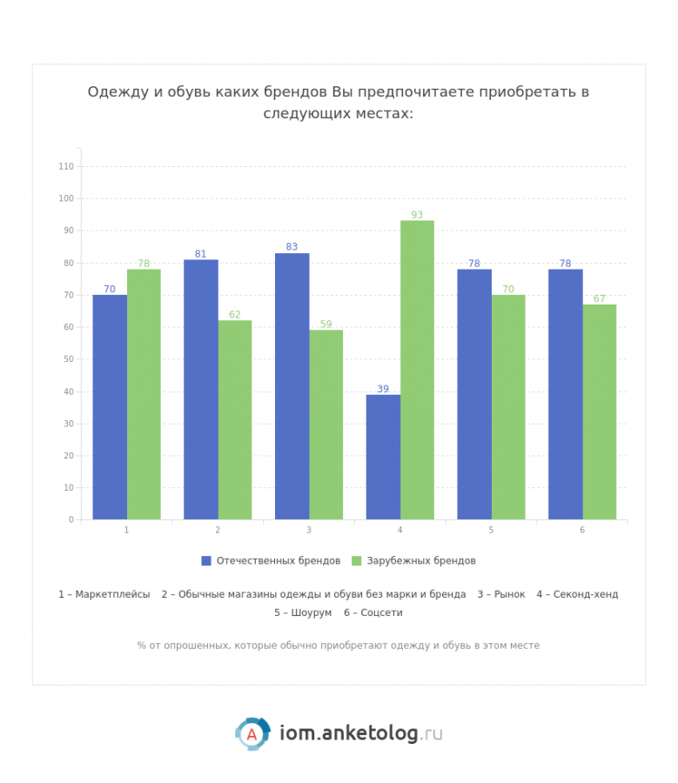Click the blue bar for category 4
[383, 457]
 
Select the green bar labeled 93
[417, 370]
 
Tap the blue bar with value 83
[292, 386]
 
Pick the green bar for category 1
[144, 394]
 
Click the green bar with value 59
[326, 425]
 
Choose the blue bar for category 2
[201, 389]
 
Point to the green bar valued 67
[599, 412]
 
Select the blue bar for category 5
[474, 394]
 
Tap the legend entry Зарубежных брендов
[420, 561]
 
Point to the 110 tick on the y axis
[66, 166]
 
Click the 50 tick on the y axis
[69, 359]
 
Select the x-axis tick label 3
[309, 530]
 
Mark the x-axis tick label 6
[582, 530]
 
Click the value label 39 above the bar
[383, 389]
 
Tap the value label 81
[201, 254]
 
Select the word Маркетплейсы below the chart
[112, 594]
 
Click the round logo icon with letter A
[252, 733]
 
